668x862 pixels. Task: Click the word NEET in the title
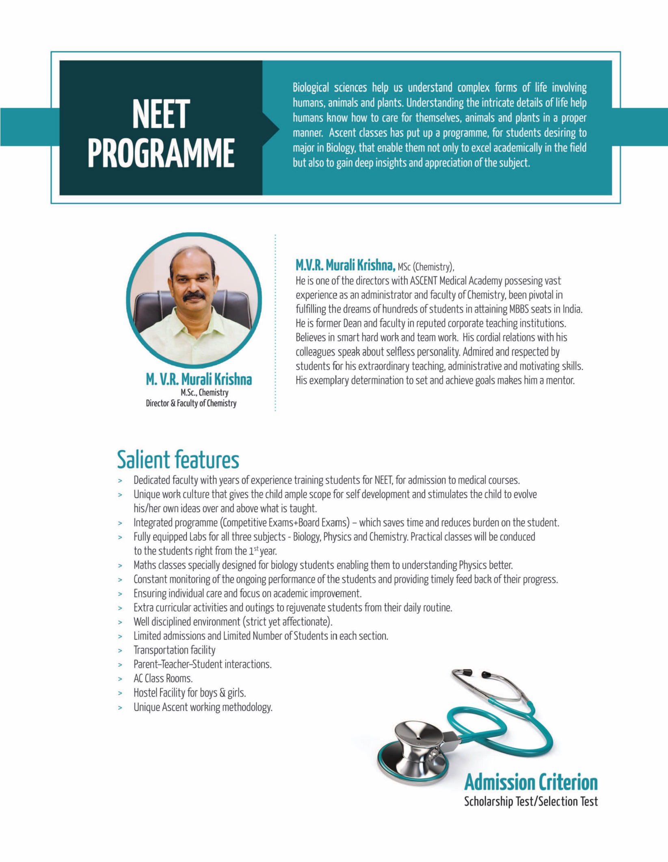(x=161, y=114)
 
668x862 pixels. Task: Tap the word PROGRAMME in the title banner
(x=161, y=153)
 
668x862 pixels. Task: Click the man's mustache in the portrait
(x=194, y=295)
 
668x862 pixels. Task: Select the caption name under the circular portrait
(x=199, y=379)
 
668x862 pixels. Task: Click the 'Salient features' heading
(x=178, y=459)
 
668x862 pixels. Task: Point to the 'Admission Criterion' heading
(x=531, y=782)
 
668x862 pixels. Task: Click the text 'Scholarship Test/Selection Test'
(x=531, y=801)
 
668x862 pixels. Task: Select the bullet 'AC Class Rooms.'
(x=163, y=678)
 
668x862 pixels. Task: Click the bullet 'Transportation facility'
(x=174, y=650)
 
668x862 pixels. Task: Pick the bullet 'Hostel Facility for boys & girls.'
(x=190, y=693)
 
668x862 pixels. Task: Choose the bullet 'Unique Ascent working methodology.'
(x=203, y=707)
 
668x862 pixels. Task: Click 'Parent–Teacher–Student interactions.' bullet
(x=202, y=664)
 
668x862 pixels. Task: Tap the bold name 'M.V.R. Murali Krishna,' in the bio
(x=345, y=266)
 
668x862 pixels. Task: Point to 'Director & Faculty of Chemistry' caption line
(x=191, y=403)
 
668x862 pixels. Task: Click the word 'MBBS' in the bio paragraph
(x=519, y=309)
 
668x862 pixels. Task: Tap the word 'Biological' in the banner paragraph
(x=311, y=88)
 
